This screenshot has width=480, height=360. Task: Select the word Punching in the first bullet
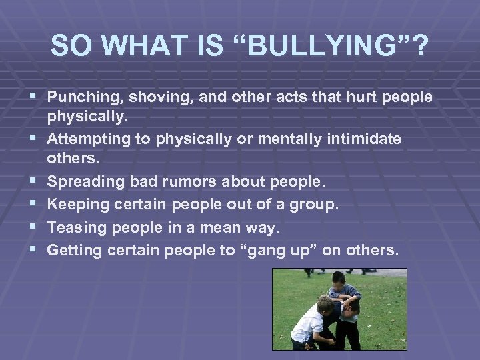79,97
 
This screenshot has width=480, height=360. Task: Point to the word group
317,205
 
